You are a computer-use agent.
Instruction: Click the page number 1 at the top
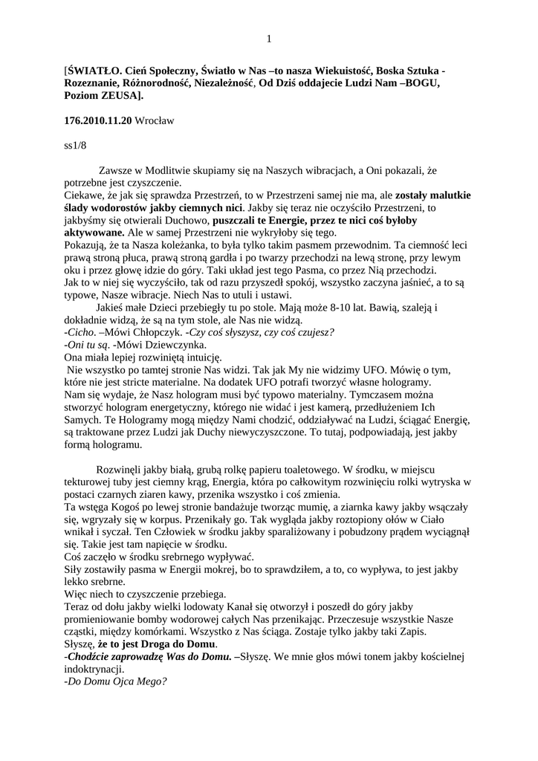(269, 39)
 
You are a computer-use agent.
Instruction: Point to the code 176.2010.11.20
(98, 120)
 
